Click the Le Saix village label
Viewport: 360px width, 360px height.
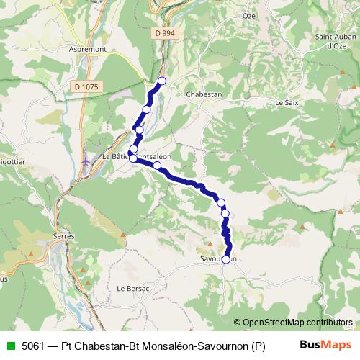pos(287,103)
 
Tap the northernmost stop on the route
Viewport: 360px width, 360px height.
pos(162,81)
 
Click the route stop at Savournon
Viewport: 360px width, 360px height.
pos(227,259)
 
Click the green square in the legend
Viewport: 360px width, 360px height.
pos(9,345)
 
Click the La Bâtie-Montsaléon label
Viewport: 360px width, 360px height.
pos(137,156)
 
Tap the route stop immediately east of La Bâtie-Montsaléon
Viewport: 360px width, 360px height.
pos(157,166)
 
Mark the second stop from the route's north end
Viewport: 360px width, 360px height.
pos(147,109)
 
